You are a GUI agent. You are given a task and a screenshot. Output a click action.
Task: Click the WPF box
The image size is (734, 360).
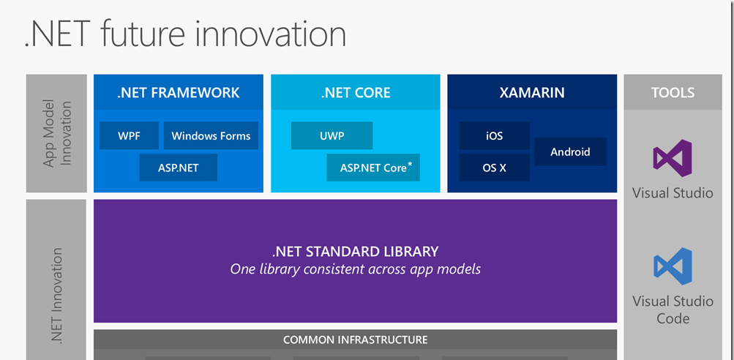[129, 136]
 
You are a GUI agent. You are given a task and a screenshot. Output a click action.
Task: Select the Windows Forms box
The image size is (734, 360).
[211, 136]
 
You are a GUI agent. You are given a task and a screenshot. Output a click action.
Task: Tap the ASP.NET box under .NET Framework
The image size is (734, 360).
[178, 168]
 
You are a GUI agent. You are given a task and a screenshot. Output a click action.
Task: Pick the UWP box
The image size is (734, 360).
[332, 136]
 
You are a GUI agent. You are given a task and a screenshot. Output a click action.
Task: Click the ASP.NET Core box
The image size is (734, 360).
[373, 168]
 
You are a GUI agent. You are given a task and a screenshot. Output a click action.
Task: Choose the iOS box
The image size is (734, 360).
[494, 136]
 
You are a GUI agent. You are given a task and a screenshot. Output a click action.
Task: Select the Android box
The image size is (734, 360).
[570, 151]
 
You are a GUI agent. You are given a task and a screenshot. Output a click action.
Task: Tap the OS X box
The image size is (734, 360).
[494, 168]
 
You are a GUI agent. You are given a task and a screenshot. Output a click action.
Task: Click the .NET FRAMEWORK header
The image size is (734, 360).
[179, 92]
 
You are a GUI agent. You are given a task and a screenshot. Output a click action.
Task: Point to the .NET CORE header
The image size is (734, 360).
[356, 92]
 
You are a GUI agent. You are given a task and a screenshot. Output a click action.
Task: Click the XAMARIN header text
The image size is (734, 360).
[532, 93]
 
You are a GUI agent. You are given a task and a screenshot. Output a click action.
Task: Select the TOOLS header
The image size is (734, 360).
[673, 92]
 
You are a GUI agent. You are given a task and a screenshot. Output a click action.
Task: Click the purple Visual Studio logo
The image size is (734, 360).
[673, 158]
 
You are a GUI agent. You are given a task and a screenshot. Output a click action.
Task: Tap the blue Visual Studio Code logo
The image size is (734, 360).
[673, 266]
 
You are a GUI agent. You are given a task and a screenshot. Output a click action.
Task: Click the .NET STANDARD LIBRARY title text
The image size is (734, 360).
[356, 252]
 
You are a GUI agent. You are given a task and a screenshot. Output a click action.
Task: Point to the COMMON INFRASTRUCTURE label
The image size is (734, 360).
[356, 340]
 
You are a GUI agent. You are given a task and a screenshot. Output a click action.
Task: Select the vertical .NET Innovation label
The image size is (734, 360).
[56, 295]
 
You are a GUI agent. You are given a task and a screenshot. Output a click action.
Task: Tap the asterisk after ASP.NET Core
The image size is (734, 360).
[410, 164]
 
